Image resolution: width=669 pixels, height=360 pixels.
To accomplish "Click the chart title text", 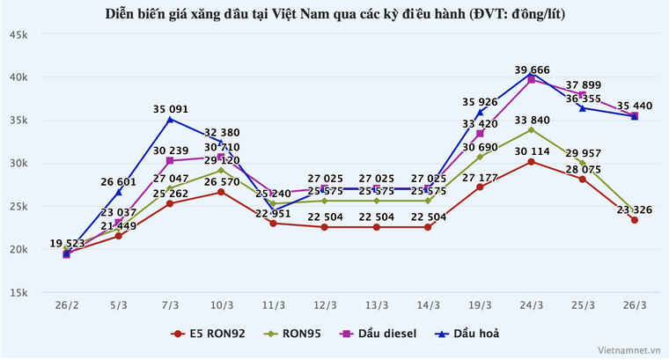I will [334, 14].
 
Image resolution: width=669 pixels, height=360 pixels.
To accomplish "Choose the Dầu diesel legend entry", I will [387, 334].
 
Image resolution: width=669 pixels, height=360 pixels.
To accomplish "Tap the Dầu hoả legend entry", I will [474, 334].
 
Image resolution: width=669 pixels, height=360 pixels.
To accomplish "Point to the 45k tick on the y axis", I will [19, 34].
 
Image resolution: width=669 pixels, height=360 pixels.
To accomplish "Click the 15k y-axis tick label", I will [19, 292].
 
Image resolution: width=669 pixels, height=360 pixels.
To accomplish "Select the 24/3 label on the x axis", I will [531, 305].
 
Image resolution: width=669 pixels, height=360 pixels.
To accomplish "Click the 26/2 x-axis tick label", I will [67, 305].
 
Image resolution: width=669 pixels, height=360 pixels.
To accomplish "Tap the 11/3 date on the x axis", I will [273, 305].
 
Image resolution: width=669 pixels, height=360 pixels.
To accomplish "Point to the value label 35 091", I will [170, 109].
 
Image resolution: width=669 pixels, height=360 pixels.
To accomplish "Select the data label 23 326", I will [630, 209].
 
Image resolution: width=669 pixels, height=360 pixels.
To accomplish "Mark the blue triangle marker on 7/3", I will [170, 119].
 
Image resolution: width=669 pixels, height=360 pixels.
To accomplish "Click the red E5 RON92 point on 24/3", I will [531, 162].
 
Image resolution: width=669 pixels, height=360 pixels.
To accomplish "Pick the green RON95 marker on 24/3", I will [531, 129].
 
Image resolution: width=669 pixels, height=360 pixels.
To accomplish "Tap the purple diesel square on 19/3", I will [480, 134].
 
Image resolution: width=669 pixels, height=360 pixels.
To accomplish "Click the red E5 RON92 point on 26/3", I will [634, 220].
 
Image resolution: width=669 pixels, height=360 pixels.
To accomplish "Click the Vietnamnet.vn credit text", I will [629, 349].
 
